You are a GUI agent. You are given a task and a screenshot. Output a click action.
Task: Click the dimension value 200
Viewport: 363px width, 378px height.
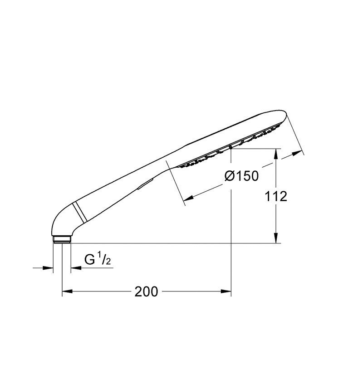pyautogui.click(x=147, y=291)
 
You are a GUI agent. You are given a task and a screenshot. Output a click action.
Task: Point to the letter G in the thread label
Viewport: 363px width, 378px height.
pyautogui.click(x=90, y=260)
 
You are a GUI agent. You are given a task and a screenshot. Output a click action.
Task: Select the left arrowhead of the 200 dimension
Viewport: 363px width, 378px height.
pyautogui.click(x=66, y=291)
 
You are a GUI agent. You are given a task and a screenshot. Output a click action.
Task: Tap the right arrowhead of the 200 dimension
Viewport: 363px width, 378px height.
pyautogui.click(x=226, y=291)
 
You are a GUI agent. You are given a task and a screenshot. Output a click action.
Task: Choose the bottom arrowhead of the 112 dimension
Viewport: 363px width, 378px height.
pyautogui.click(x=276, y=239)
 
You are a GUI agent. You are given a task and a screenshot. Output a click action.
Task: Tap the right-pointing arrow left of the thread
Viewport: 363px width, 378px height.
pyautogui.click(x=49, y=268)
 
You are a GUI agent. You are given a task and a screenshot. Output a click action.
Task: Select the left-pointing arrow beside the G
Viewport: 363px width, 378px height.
pyautogui.click(x=75, y=268)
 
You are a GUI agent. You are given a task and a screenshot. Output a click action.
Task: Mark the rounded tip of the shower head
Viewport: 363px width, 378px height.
pyautogui.click(x=283, y=118)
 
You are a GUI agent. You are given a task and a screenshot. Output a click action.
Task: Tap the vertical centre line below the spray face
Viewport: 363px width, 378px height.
pyautogui.click(x=231, y=218)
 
